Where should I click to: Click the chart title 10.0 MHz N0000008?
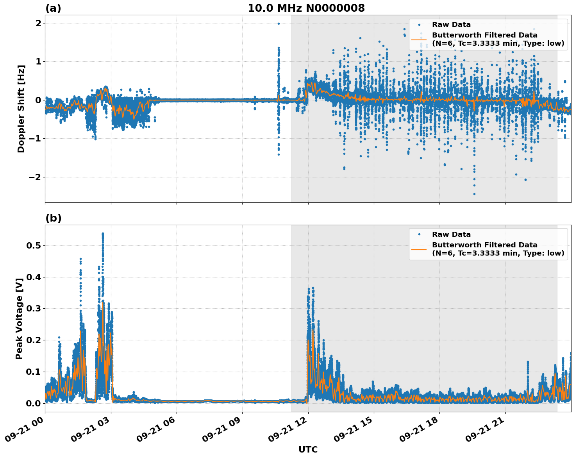[x=306, y=8]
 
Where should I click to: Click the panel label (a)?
[x=53, y=8]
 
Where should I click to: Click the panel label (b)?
[x=53, y=218]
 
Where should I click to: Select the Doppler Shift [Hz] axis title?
[x=21, y=109]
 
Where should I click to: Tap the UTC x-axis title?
[x=308, y=449]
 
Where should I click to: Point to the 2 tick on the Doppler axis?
[x=38, y=23]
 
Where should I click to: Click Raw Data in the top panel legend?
[x=451, y=25]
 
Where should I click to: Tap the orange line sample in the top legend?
[x=419, y=39]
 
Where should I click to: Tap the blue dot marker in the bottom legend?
[x=419, y=234]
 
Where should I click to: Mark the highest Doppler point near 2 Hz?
[x=279, y=23]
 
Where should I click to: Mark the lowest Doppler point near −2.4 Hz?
[x=474, y=194]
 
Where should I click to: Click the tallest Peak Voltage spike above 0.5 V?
[x=103, y=234]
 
